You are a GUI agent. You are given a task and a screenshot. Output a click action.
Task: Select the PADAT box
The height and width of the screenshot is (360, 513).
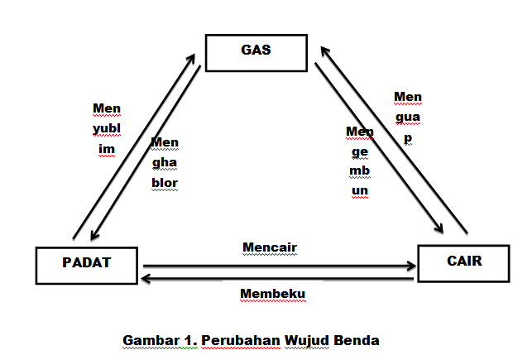(86, 263)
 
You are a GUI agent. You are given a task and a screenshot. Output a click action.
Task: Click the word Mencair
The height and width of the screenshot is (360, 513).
(270, 247)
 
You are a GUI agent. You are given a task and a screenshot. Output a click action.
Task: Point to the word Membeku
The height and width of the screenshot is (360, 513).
(272, 293)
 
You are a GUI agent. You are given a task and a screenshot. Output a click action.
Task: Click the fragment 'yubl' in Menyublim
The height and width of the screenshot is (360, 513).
(107, 128)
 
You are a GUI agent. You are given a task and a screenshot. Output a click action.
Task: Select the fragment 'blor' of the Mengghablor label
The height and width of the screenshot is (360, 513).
(165, 182)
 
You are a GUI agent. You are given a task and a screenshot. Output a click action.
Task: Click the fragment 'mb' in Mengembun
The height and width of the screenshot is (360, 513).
(359, 170)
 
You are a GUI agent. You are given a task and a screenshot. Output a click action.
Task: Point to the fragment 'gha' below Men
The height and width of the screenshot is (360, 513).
(165, 162)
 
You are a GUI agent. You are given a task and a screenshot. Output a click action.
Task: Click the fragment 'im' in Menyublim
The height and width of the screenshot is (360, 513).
(106, 149)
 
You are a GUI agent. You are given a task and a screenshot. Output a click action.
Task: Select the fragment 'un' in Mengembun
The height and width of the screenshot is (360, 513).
(359, 190)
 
